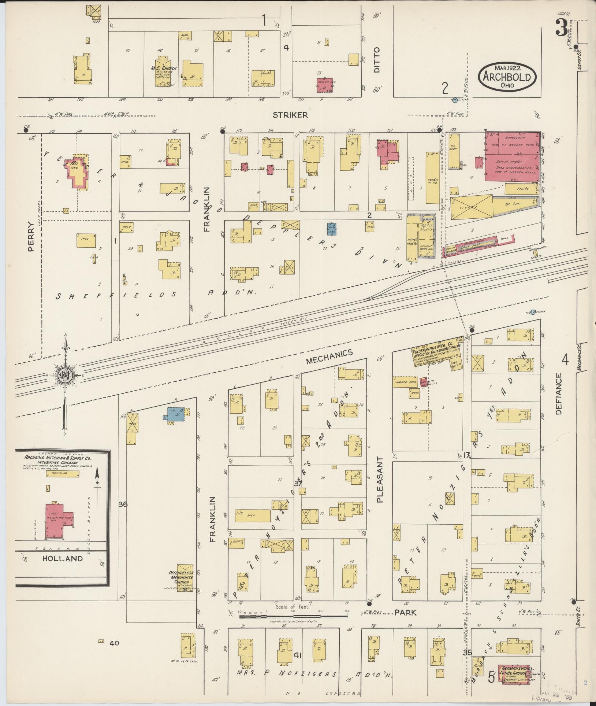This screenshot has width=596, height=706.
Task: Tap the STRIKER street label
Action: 290,115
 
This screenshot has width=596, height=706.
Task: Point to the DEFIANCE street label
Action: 558,393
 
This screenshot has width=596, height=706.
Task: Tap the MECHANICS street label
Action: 329,356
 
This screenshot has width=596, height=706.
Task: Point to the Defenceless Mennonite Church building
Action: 185,579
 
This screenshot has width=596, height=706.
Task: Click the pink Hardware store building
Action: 512,157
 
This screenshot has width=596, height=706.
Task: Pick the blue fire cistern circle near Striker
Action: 454,100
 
